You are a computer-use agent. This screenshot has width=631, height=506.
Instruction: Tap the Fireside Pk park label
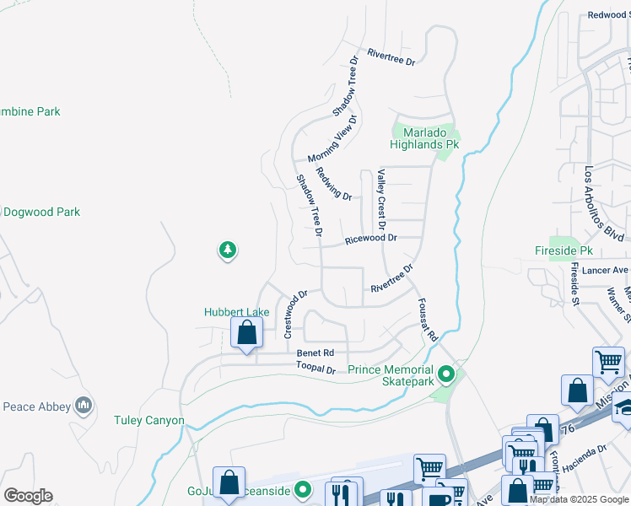pyautogui.click(x=564, y=251)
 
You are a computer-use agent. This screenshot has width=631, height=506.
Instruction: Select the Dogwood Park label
pyautogui.click(x=42, y=212)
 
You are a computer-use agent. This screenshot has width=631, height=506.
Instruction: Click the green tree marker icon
pyautogui.click(x=227, y=250)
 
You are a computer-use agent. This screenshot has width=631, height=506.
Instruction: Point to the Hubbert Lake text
pyautogui.click(x=237, y=312)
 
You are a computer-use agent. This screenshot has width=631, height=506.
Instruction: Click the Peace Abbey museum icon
pyautogui.click(x=84, y=406)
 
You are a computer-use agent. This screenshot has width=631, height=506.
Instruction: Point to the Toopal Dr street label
pyautogui.click(x=315, y=368)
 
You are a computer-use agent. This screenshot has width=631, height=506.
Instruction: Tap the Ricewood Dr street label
pyautogui.click(x=370, y=240)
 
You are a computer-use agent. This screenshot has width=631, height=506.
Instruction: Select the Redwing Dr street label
pyautogui.click(x=333, y=184)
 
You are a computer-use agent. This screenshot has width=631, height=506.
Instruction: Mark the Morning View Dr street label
pyautogui.click(x=332, y=140)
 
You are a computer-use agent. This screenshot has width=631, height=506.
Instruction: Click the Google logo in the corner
pyautogui.click(x=28, y=496)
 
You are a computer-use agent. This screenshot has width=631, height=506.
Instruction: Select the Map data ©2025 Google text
pyautogui.click(x=579, y=499)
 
